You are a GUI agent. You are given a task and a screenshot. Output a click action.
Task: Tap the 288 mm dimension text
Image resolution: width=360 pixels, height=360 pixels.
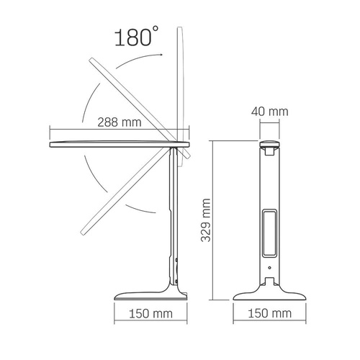point(118,122)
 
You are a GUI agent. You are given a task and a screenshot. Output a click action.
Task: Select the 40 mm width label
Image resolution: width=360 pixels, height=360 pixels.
point(271,112)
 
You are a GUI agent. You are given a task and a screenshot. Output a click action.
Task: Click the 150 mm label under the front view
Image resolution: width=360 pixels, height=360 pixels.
point(271,315)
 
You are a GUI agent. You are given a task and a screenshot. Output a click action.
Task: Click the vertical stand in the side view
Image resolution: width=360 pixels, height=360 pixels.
point(173,216)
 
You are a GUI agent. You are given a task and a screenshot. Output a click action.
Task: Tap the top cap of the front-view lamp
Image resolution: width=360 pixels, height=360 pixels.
point(270,147)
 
